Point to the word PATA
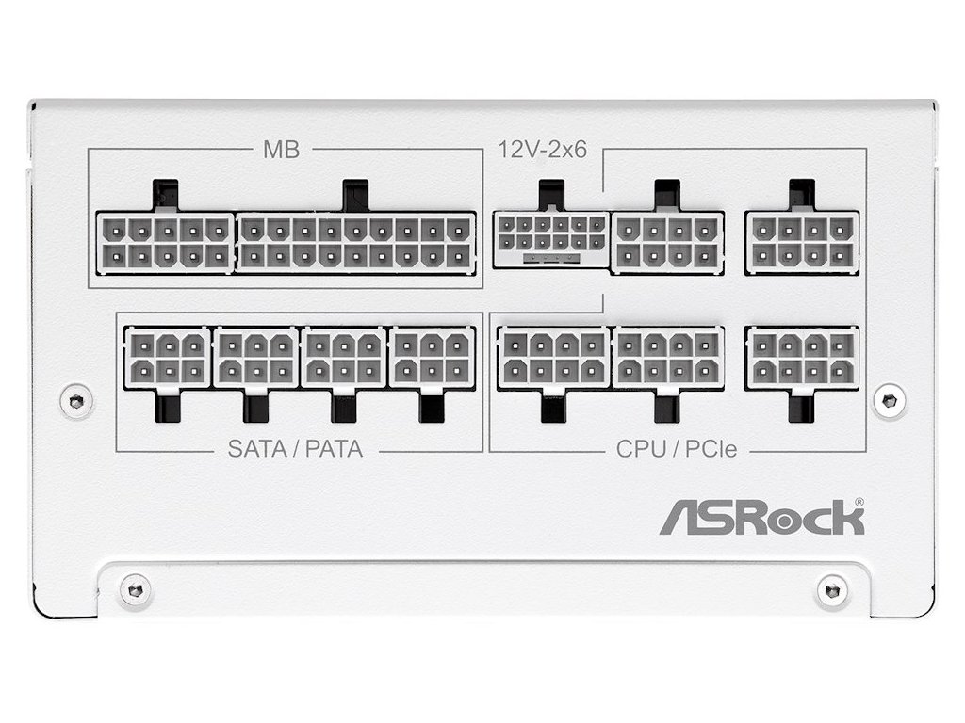[333, 448]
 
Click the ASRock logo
[761, 519]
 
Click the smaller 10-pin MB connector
[165, 242]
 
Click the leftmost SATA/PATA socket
[167, 358]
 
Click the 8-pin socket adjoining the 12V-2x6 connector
[668, 242]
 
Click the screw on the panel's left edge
[76, 400]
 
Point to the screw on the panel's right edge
[889, 400]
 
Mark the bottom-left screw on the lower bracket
[135, 590]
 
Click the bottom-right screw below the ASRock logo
[832, 590]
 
